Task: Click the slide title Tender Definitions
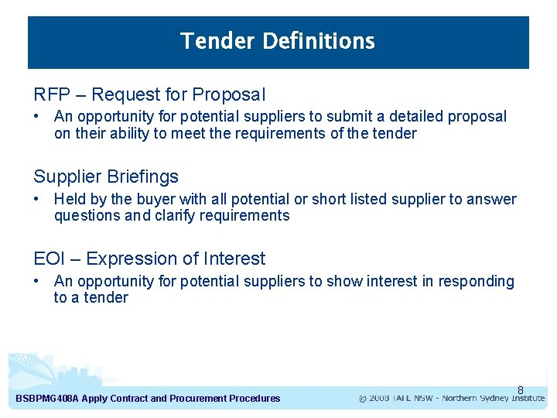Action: (x=278, y=41)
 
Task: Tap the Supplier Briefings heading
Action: (x=106, y=176)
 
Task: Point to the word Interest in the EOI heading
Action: (x=234, y=259)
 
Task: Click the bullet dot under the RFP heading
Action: (x=37, y=117)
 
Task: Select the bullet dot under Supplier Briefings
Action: (x=37, y=199)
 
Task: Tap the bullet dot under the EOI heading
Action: (x=37, y=281)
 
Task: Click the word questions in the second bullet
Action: (x=87, y=216)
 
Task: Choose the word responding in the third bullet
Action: (x=476, y=281)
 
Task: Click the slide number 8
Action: (x=521, y=390)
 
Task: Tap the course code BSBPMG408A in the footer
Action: (x=46, y=399)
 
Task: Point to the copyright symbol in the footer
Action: (x=363, y=399)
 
